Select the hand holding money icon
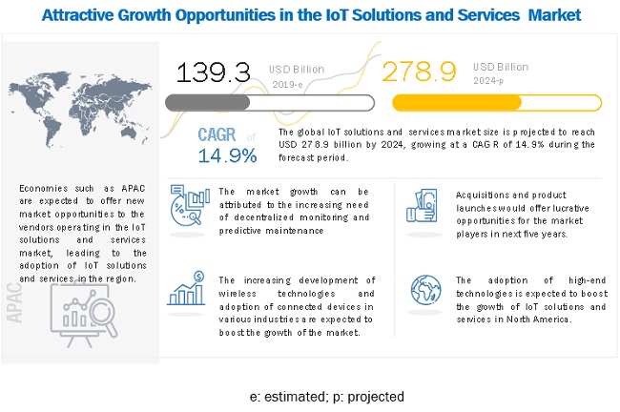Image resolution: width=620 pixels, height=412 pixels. click(x=422, y=204)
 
